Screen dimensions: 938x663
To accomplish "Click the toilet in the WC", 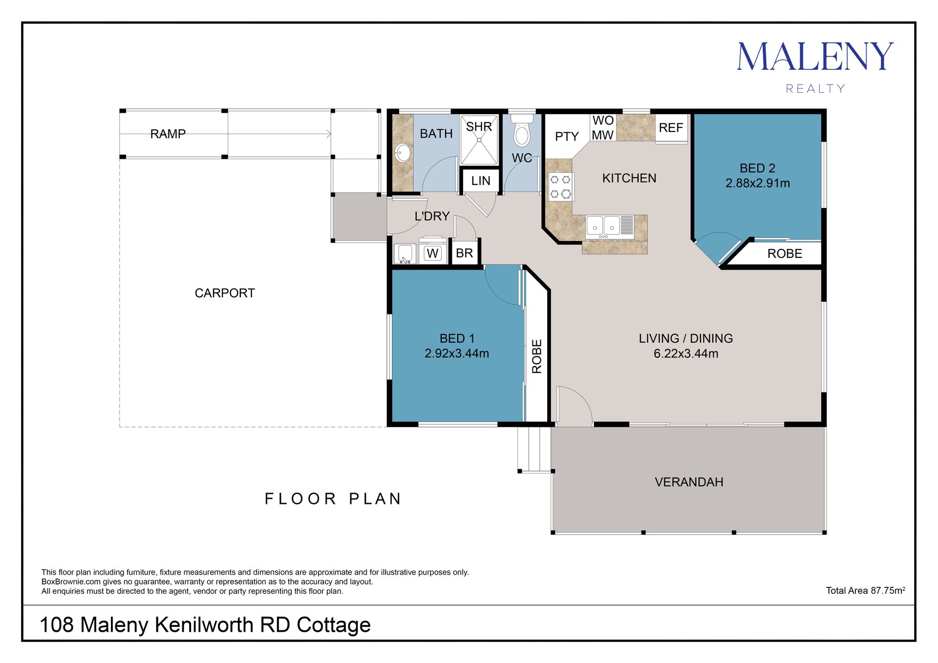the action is click(x=522, y=130).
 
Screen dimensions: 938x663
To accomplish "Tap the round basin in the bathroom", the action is click(x=403, y=153).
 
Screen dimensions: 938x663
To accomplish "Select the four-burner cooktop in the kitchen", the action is click(x=560, y=186).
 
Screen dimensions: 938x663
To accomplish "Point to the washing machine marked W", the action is click(x=432, y=251).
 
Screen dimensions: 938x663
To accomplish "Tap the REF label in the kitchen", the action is click(x=671, y=128).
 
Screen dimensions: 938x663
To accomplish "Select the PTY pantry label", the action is click(x=567, y=136).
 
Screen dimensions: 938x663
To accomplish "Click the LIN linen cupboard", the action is click(x=481, y=181).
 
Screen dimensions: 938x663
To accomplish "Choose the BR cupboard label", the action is click(x=465, y=253).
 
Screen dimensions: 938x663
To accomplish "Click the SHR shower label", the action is click(x=479, y=127).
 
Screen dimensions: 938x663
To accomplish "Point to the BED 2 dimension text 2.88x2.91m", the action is click(x=758, y=183).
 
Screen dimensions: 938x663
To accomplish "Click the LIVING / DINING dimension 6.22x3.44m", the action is click(x=686, y=353).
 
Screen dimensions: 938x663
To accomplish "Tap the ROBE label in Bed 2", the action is click(x=785, y=253).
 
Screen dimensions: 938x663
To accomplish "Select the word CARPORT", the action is click(x=225, y=293).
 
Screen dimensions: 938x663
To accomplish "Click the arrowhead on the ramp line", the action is click(x=329, y=134).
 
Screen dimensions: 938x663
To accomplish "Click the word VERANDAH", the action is click(x=689, y=482).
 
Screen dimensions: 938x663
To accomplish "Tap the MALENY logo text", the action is click(x=815, y=57).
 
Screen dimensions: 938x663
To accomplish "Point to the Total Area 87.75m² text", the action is click(x=866, y=590).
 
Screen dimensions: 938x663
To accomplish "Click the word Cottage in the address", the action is click(x=334, y=624).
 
